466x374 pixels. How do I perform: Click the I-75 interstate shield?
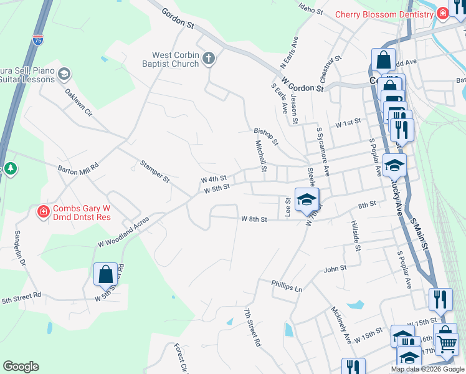(x=39, y=40)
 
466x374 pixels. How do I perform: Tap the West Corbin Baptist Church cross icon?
(x=209, y=59)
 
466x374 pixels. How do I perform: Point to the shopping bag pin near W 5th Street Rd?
(x=105, y=274)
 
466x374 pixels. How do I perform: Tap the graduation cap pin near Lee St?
(x=307, y=200)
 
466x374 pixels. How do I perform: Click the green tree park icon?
(x=10, y=168)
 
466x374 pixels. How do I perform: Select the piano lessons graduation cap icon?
(x=64, y=75)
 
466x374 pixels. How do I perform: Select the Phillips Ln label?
(x=287, y=285)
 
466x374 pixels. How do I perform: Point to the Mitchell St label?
(x=260, y=156)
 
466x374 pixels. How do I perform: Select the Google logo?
(x=21, y=367)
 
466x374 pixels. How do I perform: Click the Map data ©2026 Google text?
(x=427, y=369)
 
